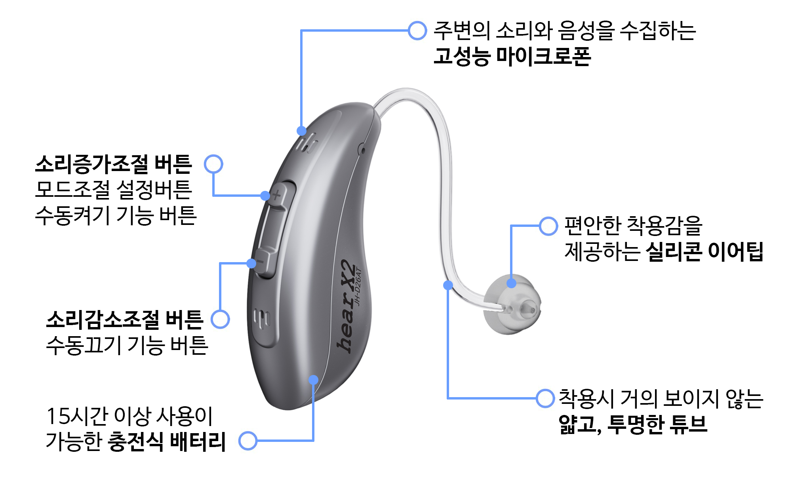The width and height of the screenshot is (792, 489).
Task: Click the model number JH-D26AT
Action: (358, 286)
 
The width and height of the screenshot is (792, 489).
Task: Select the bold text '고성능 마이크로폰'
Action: (512, 56)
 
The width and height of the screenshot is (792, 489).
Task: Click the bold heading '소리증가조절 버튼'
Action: (114, 164)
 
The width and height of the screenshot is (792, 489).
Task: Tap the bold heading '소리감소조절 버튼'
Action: (125, 320)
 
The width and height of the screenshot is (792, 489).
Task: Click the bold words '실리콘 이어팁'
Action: (704, 251)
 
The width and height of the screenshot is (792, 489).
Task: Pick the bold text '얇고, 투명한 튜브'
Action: (632, 424)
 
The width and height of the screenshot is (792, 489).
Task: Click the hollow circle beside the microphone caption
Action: (417, 30)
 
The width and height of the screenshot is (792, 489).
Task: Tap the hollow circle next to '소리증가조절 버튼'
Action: (213, 164)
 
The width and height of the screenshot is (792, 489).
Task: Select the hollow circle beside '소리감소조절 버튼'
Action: (220, 319)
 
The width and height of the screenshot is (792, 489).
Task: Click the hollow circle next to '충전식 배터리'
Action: (248, 441)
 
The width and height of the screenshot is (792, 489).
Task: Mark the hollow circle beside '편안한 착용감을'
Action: (548, 226)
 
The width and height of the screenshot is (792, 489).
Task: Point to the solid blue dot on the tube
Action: (448, 285)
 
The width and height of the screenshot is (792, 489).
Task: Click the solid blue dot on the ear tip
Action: (511, 283)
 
